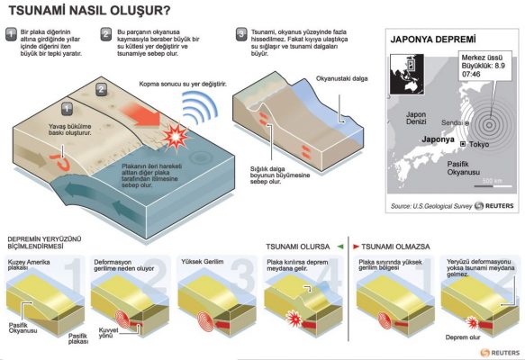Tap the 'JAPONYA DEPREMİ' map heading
432,40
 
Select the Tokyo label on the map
477,145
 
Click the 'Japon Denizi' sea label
416,119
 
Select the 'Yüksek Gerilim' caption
203,261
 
